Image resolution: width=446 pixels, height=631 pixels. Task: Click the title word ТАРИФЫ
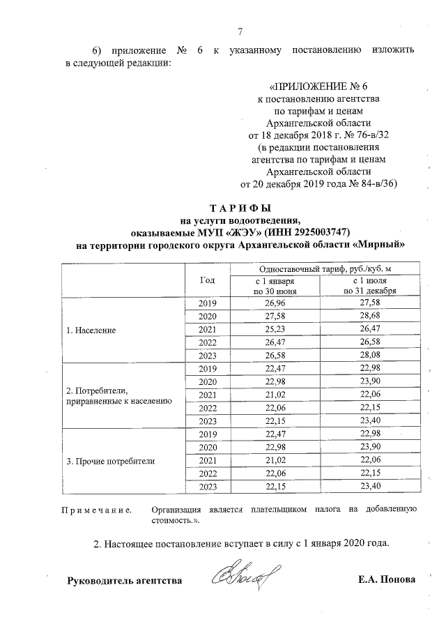[240, 208]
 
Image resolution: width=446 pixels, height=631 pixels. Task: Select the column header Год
[207, 280]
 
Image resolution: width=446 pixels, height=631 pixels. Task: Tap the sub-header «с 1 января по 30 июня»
[275, 286]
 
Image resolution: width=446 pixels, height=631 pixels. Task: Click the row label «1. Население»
[91, 329]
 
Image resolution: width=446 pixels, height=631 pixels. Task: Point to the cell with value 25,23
[275, 329]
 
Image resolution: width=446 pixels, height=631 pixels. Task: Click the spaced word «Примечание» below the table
[98, 510]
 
